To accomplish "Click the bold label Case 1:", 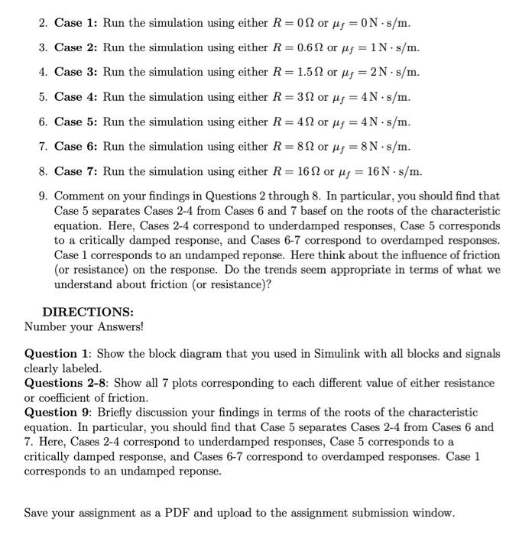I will coord(76,23).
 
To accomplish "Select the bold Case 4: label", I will coord(76,97).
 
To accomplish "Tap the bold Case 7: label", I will coord(76,171).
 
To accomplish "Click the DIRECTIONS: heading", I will coord(88,313).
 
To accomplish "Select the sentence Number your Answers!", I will coord(84,327).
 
